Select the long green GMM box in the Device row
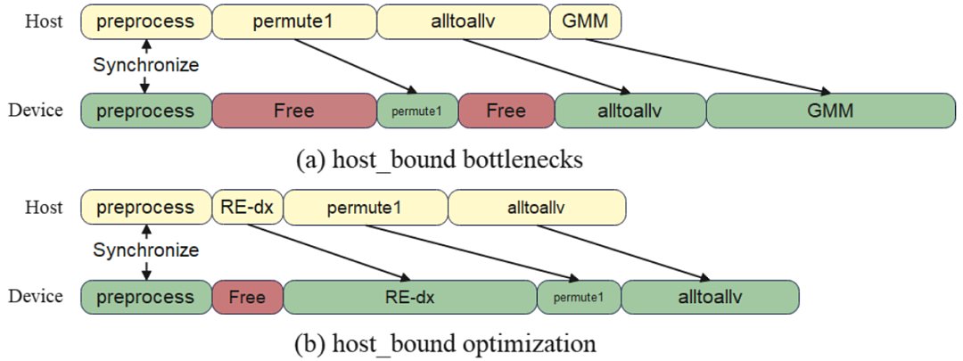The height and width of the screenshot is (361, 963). pos(831,111)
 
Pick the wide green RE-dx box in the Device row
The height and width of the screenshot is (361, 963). pos(409,297)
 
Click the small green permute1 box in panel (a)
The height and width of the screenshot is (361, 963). pos(417,111)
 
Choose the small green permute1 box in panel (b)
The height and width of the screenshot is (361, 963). pos(579,297)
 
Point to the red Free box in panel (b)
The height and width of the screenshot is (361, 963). pos(248,297)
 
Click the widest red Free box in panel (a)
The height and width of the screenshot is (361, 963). pos(294,111)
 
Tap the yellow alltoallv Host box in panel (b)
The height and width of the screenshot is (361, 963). pos(537,208)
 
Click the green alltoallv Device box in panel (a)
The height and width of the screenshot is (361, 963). pos(630,111)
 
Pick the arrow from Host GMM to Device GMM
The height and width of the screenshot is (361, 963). pos(703,66)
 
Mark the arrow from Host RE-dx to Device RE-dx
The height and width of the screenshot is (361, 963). pos(326,252)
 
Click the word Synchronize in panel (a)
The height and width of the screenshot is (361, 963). pos(145,65)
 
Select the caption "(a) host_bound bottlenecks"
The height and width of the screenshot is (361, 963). pos(439,160)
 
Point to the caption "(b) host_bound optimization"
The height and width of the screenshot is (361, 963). pos(446,342)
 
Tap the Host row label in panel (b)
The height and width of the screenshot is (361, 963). pos(44,208)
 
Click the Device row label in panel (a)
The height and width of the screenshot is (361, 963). pos(36,111)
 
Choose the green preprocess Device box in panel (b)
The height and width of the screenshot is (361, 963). pos(146,297)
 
